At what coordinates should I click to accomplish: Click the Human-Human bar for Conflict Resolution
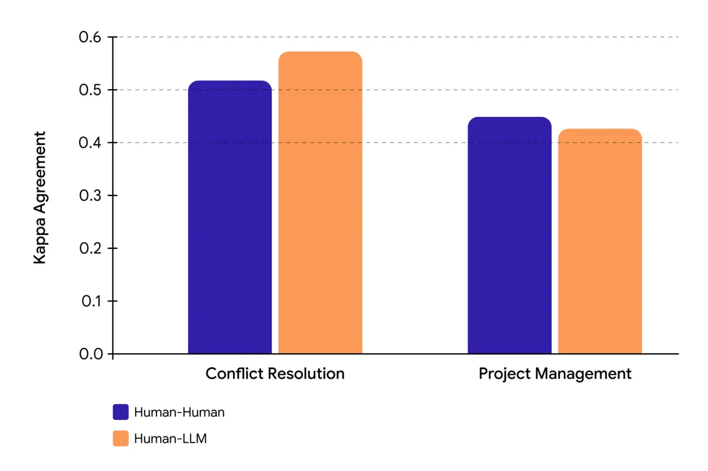pyautogui.click(x=229, y=218)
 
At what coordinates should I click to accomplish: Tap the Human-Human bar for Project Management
pyautogui.click(x=509, y=236)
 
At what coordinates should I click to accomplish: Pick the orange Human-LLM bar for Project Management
pyautogui.click(x=600, y=241)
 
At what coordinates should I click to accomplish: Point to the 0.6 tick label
pyautogui.click(x=90, y=37)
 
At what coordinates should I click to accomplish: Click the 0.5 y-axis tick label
pyautogui.click(x=90, y=90)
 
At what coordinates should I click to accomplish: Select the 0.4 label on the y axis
pyautogui.click(x=90, y=143)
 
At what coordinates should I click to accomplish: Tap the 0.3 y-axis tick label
pyautogui.click(x=90, y=196)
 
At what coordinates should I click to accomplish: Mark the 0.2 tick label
pyautogui.click(x=90, y=248)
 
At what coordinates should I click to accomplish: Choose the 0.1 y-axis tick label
pyautogui.click(x=90, y=301)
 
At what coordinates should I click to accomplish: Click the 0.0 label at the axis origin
pyautogui.click(x=90, y=354)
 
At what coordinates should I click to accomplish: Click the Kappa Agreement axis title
pyautogui.click(x=40, y=198)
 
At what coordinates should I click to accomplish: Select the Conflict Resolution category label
pyautogui.click(x=275, y=374)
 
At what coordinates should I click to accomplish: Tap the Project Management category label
pyautogui.click(x=555, y=374)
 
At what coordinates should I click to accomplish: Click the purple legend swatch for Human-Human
pyautogui.click(x=121, y=412)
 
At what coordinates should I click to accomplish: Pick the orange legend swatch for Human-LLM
pyautogui.click(x=121, y=438)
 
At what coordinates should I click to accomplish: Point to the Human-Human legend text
pyautogui.click(x=179, y=412)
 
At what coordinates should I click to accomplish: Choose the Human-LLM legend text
pyautogui.click(x=170, y=438)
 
